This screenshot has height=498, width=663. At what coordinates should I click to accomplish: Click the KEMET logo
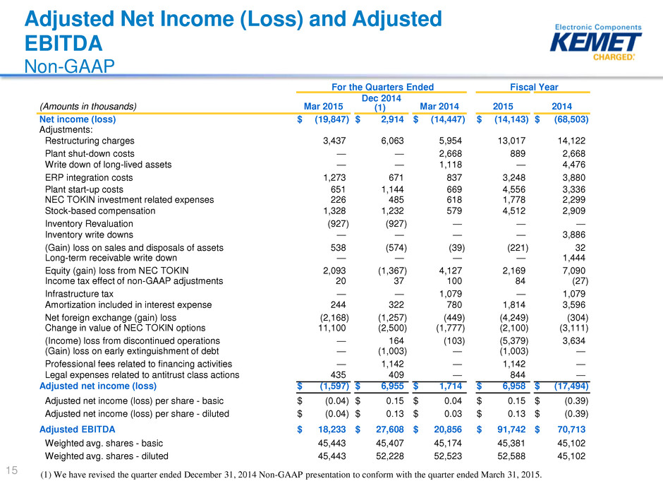[595, 42]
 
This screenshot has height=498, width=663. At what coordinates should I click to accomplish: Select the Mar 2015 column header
[324, 106]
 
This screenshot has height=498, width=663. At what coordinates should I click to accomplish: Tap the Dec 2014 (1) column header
[381, 103]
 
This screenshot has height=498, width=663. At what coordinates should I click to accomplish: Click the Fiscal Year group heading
[534, 87]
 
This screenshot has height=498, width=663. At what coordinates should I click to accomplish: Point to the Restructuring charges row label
[90, 141]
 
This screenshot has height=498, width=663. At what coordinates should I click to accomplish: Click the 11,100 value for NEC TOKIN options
[332, 328]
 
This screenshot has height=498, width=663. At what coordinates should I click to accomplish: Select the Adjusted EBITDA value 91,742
[511, 429]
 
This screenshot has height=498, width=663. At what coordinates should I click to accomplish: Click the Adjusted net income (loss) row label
[97, 386]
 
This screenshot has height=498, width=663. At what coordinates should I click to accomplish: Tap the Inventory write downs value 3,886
[574, 235]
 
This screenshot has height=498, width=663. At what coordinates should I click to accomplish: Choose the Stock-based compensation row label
[100, 211]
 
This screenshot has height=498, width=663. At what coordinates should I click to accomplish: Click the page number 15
[12, 470]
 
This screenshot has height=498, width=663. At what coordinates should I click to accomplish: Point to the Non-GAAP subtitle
[69, 66]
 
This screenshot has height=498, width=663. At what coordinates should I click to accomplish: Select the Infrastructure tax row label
[79, 294]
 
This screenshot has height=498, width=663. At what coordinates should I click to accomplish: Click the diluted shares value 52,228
[390, 456]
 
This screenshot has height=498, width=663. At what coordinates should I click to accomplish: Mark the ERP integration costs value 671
[396, 178]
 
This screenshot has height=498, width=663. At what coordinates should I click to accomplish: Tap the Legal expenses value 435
[339, 375]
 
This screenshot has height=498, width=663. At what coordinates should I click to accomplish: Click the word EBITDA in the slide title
[63, 43]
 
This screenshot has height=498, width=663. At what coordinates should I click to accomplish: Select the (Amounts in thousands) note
[88, 106]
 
